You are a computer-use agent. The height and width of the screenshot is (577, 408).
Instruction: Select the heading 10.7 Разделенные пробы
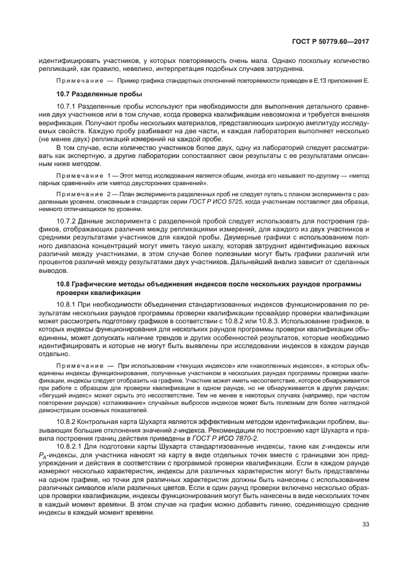99,94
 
